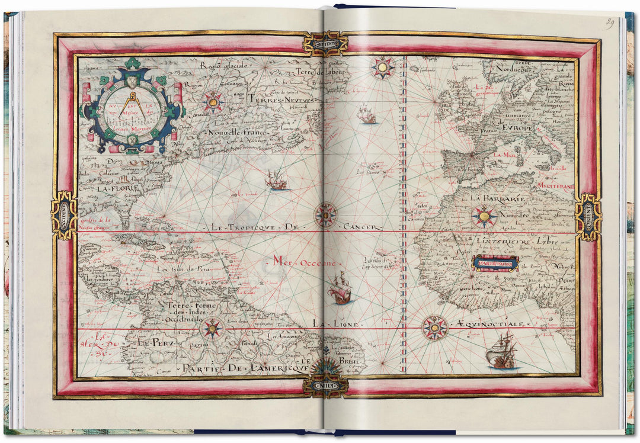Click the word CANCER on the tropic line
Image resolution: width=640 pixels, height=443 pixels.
360,226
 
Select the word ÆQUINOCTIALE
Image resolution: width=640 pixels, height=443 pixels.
490,324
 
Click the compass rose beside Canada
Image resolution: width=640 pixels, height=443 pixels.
213,102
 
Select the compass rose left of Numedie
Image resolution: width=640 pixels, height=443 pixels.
484,217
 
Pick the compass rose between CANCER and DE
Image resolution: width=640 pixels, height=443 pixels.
325,215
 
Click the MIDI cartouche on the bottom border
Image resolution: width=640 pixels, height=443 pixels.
325,386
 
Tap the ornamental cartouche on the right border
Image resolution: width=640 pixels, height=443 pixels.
588,217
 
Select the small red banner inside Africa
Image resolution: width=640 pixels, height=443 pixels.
495,262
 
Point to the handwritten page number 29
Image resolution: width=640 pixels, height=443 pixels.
609,23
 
